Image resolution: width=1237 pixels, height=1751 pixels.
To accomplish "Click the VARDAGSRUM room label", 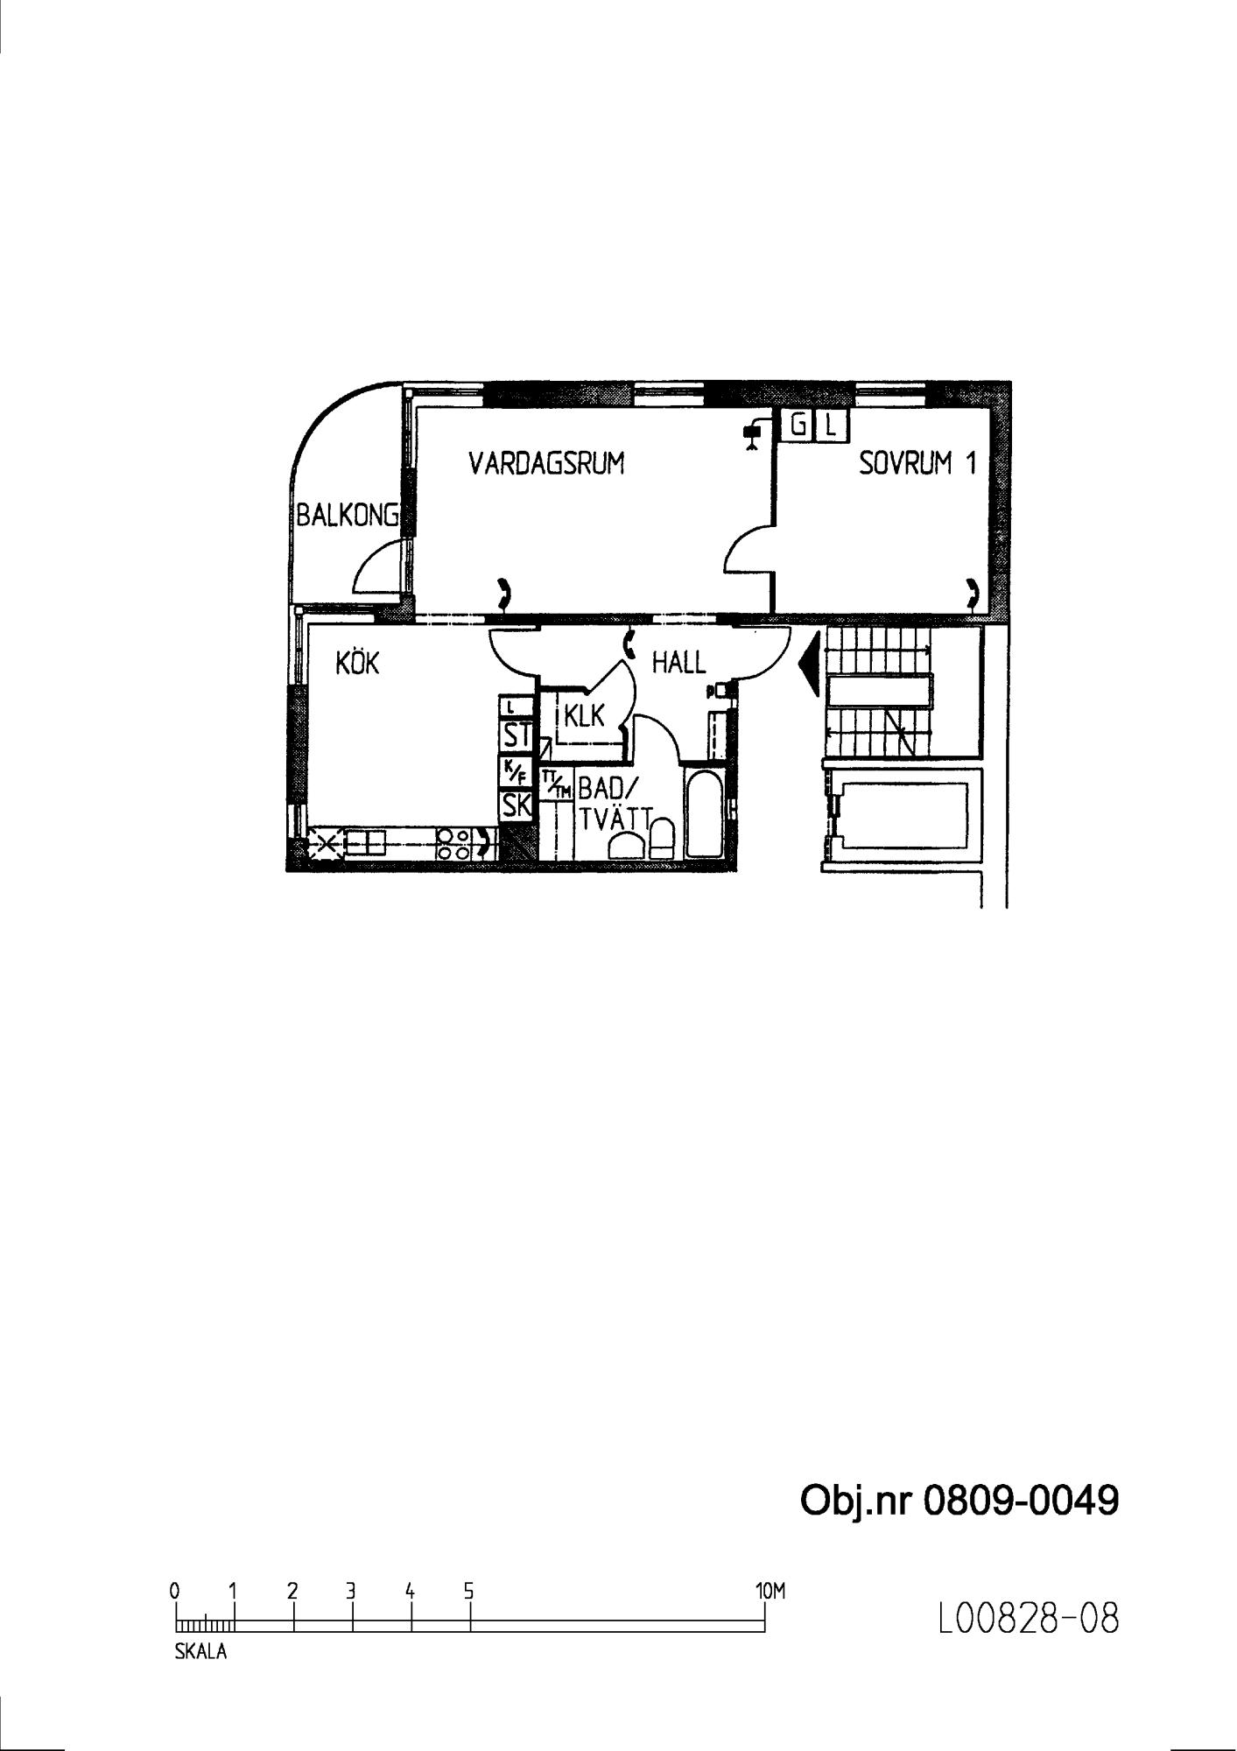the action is point(546,463).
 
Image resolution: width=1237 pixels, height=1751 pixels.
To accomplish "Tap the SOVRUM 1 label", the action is point(917,463).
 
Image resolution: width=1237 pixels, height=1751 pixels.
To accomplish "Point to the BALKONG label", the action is point(348,515).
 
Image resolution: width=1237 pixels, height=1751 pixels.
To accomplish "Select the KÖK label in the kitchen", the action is point(357,663).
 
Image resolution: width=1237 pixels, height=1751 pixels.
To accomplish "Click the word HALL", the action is point(678,663).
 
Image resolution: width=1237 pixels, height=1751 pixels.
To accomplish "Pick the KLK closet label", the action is point(584,716).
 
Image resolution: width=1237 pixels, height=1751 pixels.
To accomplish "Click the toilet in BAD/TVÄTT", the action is point(662,839).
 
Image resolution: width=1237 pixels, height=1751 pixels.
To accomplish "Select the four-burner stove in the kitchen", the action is point(453,842).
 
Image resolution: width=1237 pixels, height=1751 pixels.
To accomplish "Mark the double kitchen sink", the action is point(365,843).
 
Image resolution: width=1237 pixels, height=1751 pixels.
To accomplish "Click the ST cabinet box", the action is point(516,735).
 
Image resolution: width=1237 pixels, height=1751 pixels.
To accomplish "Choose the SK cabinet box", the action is point(516,805).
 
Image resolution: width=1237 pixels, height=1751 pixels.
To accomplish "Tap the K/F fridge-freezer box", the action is point(516,771).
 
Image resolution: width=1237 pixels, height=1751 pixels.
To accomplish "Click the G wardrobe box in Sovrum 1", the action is point(798,426).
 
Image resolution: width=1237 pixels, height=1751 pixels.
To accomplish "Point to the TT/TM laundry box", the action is point(556,783).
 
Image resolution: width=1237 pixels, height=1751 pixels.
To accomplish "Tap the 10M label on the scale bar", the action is point(770,1591).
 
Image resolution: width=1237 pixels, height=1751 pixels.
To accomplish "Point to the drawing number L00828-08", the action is point(1028,1619).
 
